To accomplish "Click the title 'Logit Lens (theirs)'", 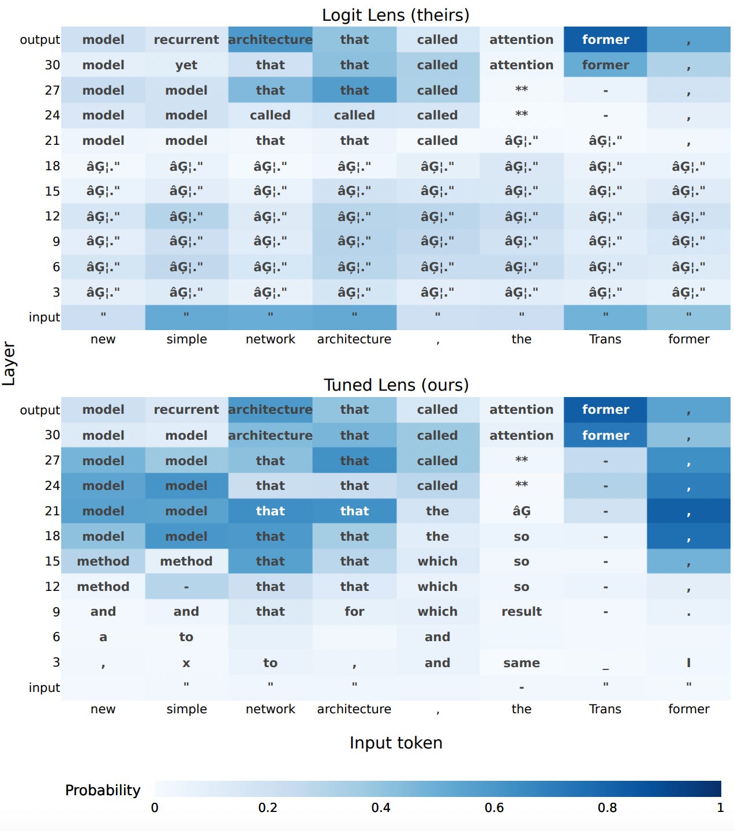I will [x=395, y=15].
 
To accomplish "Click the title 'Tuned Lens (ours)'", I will [x=396, y=385].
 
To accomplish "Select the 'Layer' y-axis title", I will [x=9, y=363].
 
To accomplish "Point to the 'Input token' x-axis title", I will [x=396, y=743].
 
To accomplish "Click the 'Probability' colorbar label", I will [x=103, y=790].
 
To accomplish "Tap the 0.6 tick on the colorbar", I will [x=494, y=808].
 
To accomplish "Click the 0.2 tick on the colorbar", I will [x=268, y=808].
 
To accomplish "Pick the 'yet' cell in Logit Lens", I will [x=186, y=65].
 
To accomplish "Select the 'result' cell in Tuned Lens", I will [x=521, y=612].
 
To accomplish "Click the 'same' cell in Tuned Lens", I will [x=521, y=663].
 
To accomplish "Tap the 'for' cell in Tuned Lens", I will [x=354, y=612].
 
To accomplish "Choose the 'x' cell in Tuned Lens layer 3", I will [x=186, y=663].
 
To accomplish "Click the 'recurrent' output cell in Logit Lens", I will [x=186, y=40].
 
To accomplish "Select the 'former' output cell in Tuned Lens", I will [x=605, y=410].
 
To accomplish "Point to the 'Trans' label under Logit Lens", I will [x=605, y=339].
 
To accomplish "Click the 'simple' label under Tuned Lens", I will [x=186, y=709].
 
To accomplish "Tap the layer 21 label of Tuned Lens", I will [x=52, y=511].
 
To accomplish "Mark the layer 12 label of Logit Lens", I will [x=52, y=216].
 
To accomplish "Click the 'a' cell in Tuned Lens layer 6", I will [x=103, y=637].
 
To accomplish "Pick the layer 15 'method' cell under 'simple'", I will [x=186, y=562].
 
